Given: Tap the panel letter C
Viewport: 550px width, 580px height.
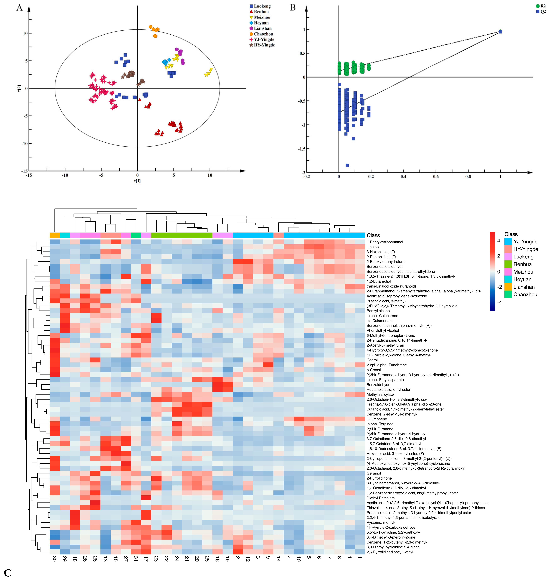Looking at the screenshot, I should coord(8,573).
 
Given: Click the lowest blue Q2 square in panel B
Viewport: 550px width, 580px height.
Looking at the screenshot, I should coord(347,165).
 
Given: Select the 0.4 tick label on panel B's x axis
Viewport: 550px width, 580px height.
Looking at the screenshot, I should coord(403,177).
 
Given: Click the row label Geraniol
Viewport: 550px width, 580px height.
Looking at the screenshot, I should coord(374,473).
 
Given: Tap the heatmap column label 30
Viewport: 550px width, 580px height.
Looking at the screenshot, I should coord(54,559).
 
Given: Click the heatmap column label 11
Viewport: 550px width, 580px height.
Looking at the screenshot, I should coord(360,559).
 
